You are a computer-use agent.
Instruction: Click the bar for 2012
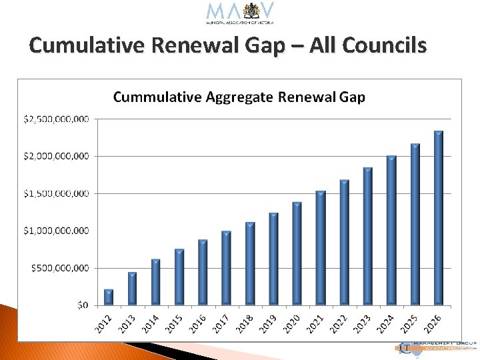coord(109,297)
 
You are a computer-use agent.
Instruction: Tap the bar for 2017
coord(226,269)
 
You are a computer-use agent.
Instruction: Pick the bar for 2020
coord(297,254)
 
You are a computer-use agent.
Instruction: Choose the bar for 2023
coord(367,237)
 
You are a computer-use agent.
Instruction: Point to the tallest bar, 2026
coord(438,219)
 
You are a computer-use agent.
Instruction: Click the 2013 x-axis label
coord(128,323)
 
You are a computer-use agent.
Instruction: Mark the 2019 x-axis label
coord(269,323)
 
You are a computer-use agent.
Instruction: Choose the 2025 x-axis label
coord(410,323)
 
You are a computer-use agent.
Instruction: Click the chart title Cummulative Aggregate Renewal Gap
coord(239,97)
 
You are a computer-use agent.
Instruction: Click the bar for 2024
coord(391,231)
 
